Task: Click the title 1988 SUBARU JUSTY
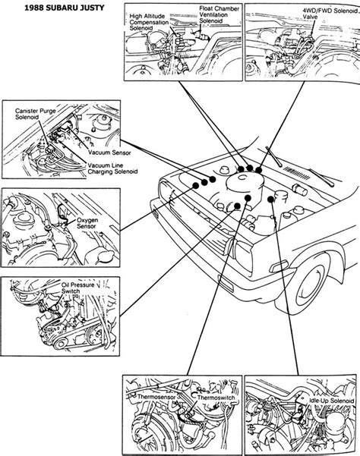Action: pos(65,8)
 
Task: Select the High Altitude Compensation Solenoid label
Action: pos(149,22)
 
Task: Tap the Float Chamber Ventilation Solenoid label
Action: pos(219,14)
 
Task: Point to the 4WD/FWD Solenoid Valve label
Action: pos(330,14)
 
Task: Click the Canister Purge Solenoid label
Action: pos(35,114)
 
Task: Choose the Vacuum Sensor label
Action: pos(109,153)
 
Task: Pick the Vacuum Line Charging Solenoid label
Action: pos(112,168)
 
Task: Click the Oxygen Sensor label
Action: pos(87,223)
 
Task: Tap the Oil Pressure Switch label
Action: pos(77,288)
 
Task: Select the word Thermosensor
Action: pos(156,397)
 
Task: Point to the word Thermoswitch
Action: pos(216,398)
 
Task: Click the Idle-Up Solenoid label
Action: pos(331,401)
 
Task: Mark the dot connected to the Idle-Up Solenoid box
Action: pos(270,200)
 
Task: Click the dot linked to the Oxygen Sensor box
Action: pos(196,185)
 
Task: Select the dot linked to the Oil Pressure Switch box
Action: pos(237,206)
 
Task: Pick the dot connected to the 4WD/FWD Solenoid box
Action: pos(259,171)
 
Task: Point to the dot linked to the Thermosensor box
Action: pos(248,198)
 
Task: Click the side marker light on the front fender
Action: pos(279,266)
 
